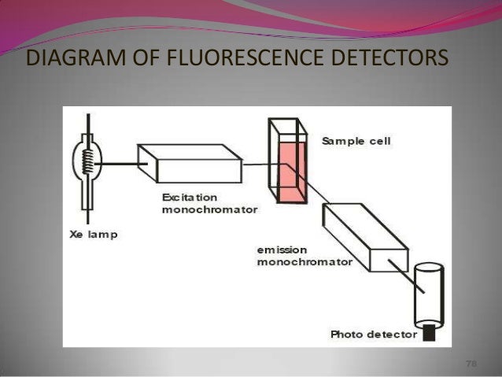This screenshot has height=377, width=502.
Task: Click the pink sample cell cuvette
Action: (290, 169)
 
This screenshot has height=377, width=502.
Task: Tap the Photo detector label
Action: (374, 334)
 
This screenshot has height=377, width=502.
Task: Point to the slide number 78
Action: (471, 364)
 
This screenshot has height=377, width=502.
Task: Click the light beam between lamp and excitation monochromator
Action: (121, 164)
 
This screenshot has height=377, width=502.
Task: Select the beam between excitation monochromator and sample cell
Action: (257, 164)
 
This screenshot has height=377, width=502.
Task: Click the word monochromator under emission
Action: (294, 262)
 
